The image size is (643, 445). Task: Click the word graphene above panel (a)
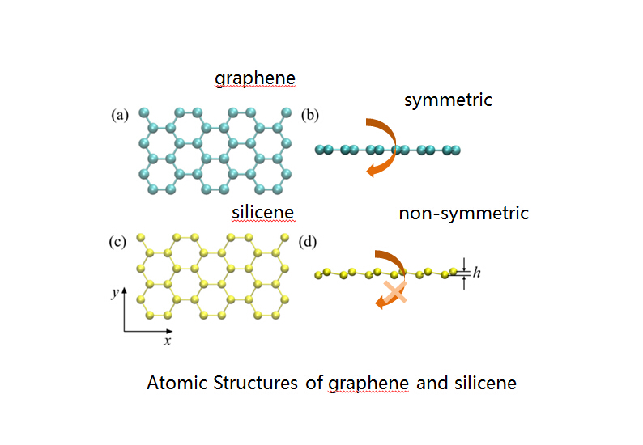pyautogui.click(x=254, y=78)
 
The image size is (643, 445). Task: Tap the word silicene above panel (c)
pyautogui.click(x=262, y=213)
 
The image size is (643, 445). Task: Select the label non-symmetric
pyautogui.click(x=463, y=214)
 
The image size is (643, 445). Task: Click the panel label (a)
pyautogui.click(x=120, y=115)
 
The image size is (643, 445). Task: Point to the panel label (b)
pyautogui.click(x=309, y=115)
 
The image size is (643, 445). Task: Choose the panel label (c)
pyautogui.click(x=119, y=241)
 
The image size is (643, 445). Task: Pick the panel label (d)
pyautogui.click(x=309, y=241)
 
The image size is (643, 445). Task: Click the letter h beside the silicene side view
pyautogui.click(x=477, y=273)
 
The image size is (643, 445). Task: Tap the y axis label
pyautogui.click(x=116, y=294)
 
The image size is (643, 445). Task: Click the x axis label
pyautogui.click(x=168, y=341)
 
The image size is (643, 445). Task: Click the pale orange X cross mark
pyautogui.click(x=394, y=292)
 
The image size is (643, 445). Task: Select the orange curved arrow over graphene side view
pyautogui.click(x=379, y=146)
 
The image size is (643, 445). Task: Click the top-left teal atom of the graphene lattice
pyautogui.click(x=143, y=112)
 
